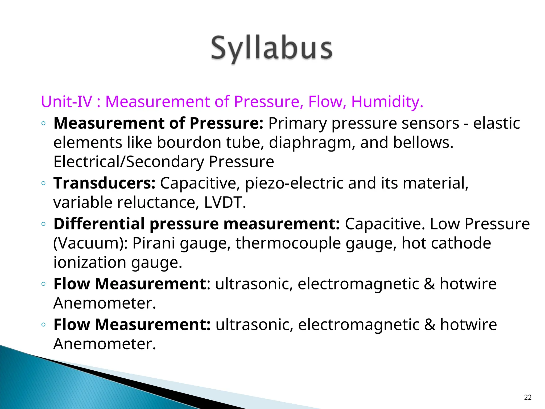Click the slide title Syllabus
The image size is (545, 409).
point(272,49)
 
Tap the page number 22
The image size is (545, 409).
point(528,397)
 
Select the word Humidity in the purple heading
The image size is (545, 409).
point(387,102)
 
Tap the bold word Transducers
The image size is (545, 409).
point(104,183)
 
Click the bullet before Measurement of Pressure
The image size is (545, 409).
point(44,123)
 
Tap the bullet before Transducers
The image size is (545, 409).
point(44,183)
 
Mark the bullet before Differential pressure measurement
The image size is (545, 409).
point(44,224)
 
